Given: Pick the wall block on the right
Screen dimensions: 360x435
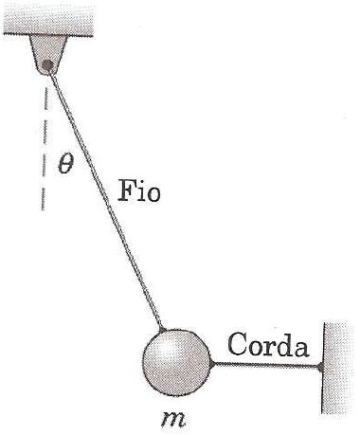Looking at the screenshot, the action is point(339,369).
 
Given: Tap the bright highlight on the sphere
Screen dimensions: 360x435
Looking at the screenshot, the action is point(163,348).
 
